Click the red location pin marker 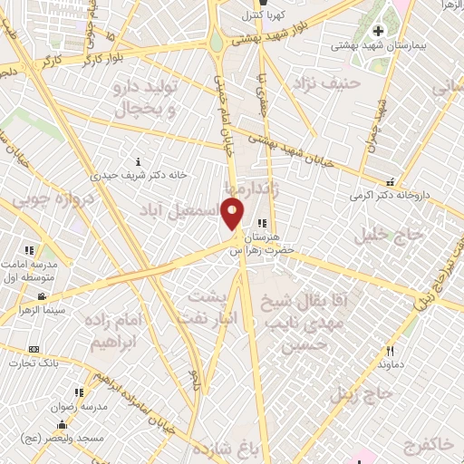coord(233,214)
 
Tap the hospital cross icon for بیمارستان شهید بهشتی coord(379,32)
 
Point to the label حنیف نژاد coord(327,83)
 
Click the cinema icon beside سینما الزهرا coord(42,296)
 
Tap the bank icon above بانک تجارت coord(34,349)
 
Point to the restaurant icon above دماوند coord(391,351)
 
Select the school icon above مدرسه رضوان coord(79,392)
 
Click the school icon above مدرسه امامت coord(29,249)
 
